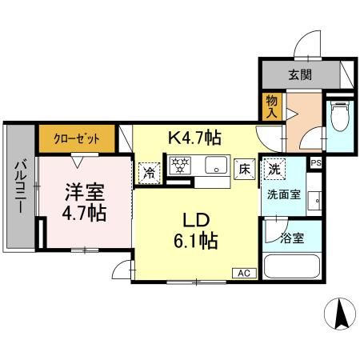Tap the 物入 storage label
click(272, 106)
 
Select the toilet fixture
click(338, 117)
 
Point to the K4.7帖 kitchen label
click(194, 138)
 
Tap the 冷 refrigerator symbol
click(149, 170)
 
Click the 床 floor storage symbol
click(244, 169)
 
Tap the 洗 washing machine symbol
click(274, 170)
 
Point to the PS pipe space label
click(316, 163)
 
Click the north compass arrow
click(339, 312)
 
